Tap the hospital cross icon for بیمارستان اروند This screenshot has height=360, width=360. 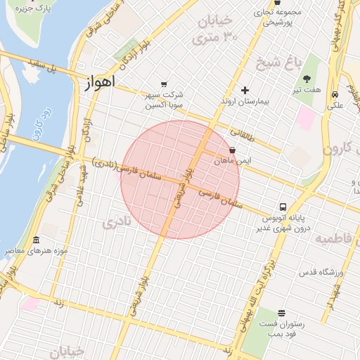point(245,90)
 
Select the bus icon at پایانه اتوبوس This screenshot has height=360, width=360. point(283,207)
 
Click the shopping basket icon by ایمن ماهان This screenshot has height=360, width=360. point(233,150)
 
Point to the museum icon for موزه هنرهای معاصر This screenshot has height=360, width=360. point(36,240)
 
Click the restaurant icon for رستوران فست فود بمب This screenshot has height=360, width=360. point(282,313)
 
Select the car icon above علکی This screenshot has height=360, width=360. point(335,94)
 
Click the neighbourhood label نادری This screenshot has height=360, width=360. point(117,224)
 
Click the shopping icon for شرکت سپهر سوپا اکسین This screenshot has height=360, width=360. point(164,84)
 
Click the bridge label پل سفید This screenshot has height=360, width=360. point(43,67)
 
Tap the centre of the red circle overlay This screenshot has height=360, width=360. point(180,179)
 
